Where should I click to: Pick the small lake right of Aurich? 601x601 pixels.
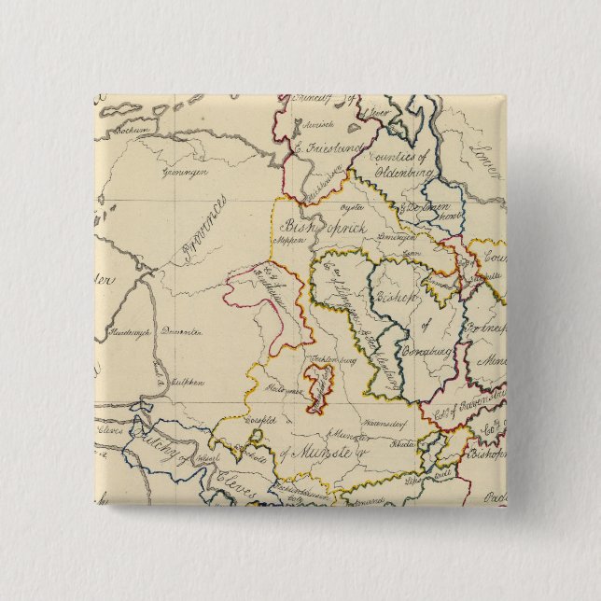click(x=356, y=127)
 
